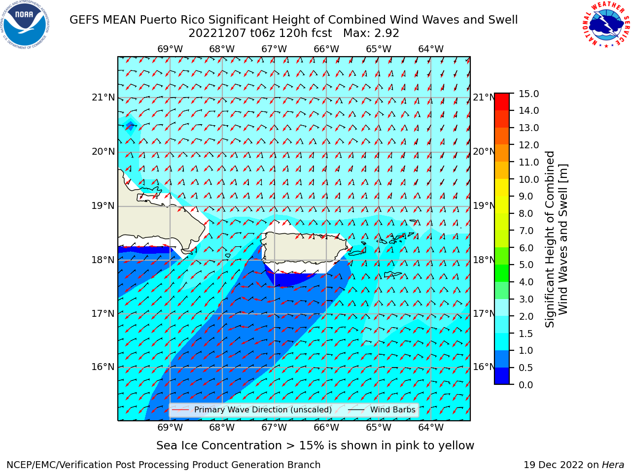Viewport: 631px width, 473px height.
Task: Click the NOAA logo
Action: click(25, 25)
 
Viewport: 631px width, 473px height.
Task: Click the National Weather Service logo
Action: click(606, 25)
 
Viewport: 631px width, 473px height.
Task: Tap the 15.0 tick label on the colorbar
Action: click(528, 94)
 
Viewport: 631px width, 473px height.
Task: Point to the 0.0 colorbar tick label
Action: click(526, 385)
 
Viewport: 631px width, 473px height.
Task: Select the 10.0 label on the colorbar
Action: click(528, 179)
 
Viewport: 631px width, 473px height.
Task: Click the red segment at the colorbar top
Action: click(502, 102)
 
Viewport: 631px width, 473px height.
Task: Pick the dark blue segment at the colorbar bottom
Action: click(502, 376)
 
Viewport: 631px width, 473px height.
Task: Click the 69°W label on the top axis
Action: click(170, 49)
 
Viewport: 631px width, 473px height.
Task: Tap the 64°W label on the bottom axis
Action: click(431, 428)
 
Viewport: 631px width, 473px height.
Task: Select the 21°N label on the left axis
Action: click(103, 98)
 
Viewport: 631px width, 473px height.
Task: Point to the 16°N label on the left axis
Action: click(103, 367)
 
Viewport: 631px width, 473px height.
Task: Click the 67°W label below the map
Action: click(274, 428)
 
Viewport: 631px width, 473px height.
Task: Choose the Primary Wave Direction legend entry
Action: click(252, 410)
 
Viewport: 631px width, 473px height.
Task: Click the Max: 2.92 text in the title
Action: click(371, 34)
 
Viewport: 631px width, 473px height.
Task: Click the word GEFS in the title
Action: click(85, 20)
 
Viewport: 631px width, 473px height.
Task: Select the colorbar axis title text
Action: click(556, 239)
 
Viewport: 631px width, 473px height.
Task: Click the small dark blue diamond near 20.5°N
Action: click(130, 126)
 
